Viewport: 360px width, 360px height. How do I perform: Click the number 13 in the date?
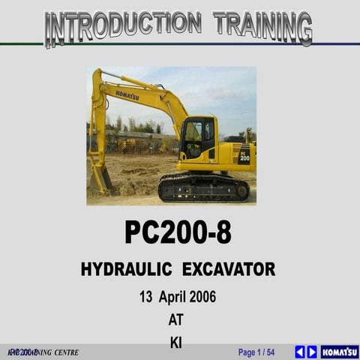pos(147,296)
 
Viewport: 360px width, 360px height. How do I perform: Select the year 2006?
pos(202,296)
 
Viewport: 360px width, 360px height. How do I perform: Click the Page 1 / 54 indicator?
pos(256,352)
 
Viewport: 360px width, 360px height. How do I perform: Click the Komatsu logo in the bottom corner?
pos(340,352)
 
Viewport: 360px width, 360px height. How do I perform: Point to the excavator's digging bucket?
pos(100,178)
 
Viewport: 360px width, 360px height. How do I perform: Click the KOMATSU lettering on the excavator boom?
pos(127,95)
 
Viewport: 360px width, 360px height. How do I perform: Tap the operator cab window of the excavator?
pos(194,139)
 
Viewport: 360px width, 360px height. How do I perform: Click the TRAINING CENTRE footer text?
pos(45,352)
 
